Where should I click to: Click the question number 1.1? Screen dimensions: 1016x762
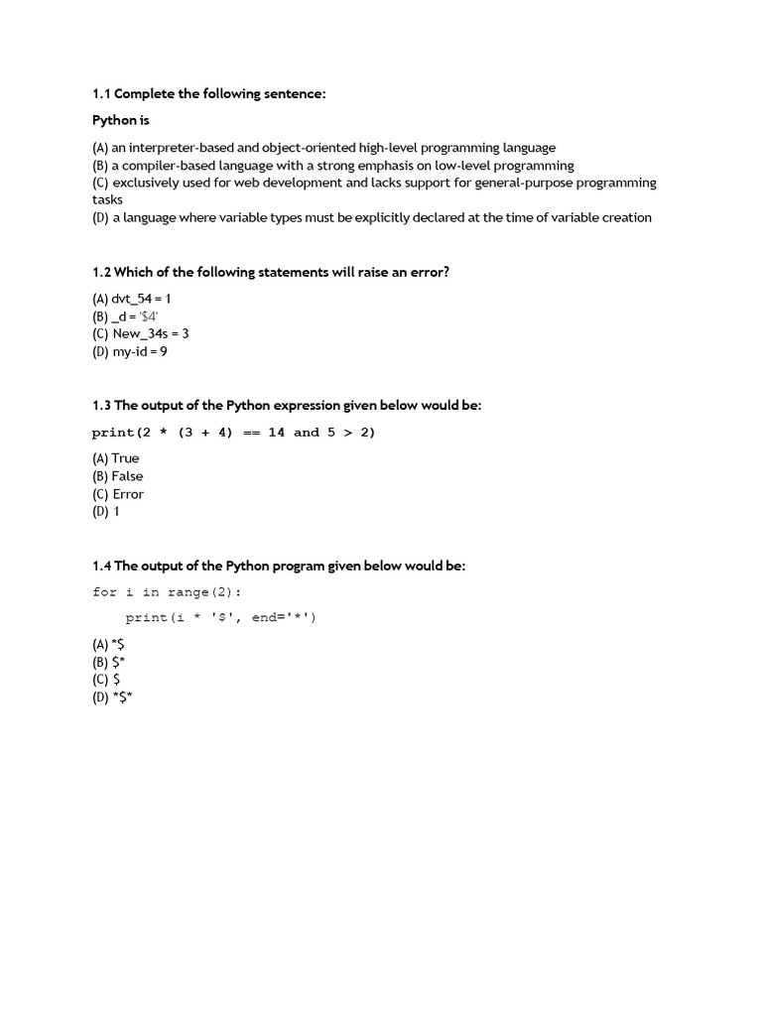click(102, 94)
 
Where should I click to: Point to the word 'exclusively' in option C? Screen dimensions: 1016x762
click(147, 184)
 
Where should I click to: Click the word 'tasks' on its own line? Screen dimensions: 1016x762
click(107, 199)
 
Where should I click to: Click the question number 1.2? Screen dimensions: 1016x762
click(102, 272)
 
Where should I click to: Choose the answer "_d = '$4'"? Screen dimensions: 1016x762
click(136, 317)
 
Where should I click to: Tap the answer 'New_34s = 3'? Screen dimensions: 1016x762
click(150, 334)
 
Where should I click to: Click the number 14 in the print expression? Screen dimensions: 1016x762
click(276, 433)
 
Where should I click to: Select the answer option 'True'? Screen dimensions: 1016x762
click(125, 458)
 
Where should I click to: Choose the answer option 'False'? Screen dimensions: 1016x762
click(127, 476)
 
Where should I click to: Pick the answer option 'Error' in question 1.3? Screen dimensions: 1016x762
click(128, 494)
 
